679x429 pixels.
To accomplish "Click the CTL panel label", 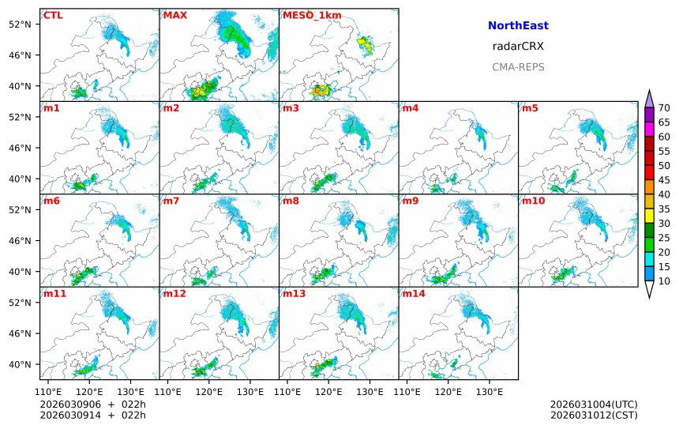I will click(x=53, y=15).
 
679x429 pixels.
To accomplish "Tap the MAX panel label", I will click(x=175, y=15).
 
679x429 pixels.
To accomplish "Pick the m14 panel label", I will click(x=413, y=293).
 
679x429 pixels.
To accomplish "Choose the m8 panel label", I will click(x=291, y=201).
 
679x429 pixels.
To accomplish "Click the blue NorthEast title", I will click(x=518, y=26).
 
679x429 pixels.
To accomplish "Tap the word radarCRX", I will click(x=518, y=47).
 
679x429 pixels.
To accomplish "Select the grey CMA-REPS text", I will click(x=518, y=67).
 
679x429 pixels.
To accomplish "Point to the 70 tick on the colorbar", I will click(x=664, y=108).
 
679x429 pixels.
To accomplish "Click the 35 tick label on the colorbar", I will click(x=664, y=209).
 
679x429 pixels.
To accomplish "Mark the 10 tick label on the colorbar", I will click(x=664, y=281).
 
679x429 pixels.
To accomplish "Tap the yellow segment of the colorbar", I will click(x=649, y=216).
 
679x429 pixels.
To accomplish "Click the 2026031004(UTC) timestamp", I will click(x=594, y=405).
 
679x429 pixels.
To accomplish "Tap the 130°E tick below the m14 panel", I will click(x=489, y=391).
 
